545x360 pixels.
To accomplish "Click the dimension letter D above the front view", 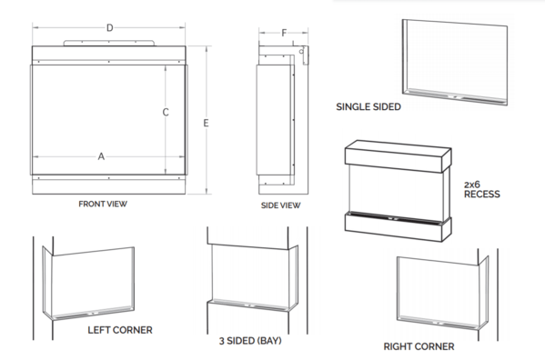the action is [x=110, y=28].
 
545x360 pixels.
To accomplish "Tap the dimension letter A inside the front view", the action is [x=101, y=156].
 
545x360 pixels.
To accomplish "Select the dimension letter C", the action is [x=166, y=112].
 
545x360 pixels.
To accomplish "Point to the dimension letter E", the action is [x=207, y=123].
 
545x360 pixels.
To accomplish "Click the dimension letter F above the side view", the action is [x=284, y=33].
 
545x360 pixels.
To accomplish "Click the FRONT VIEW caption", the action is [x=103, y=204].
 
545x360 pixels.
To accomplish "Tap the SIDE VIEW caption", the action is [x=281, y=205].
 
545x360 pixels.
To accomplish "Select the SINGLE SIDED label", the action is [x=368, y=107].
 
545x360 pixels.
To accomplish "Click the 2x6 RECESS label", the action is [x=481, y=189].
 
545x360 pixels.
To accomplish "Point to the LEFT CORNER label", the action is [x=120, y=330].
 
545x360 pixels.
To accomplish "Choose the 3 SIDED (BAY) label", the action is [x=250, y=341].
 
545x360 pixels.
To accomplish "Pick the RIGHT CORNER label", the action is [x=419, y=346].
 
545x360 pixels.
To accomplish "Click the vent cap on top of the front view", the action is [x=109, y=43].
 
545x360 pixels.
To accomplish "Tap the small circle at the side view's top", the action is [x=301, y=52].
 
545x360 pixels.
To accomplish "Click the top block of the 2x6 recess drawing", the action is [x=398, y=156].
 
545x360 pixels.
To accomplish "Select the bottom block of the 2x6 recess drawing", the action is [x=398, y=227].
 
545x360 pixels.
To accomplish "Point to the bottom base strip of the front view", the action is [x=109, y=185].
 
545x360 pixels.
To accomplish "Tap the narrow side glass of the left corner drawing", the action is [x=47, y=282].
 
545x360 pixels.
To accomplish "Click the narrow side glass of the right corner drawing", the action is [x=483, y=293].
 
